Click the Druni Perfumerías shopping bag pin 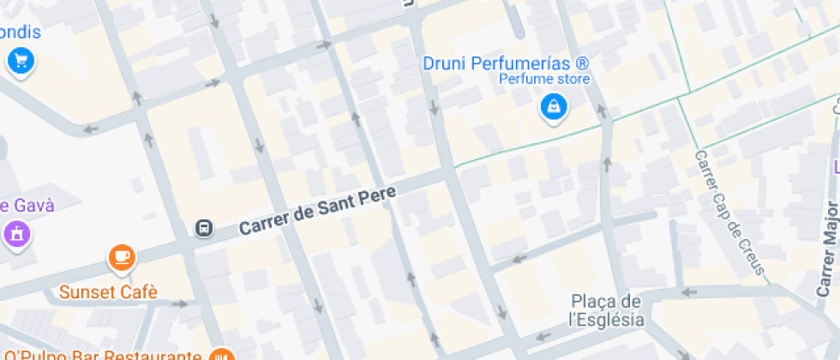554,107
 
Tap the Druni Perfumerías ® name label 507,63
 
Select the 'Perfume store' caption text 545,80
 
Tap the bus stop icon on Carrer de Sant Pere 204,228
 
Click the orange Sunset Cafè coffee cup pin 122,256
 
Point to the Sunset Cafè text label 108,292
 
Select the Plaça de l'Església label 608,311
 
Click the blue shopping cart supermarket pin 20,61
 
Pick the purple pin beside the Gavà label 15,232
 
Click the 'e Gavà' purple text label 27,206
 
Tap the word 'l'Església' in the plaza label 606,321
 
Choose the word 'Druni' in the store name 444,63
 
